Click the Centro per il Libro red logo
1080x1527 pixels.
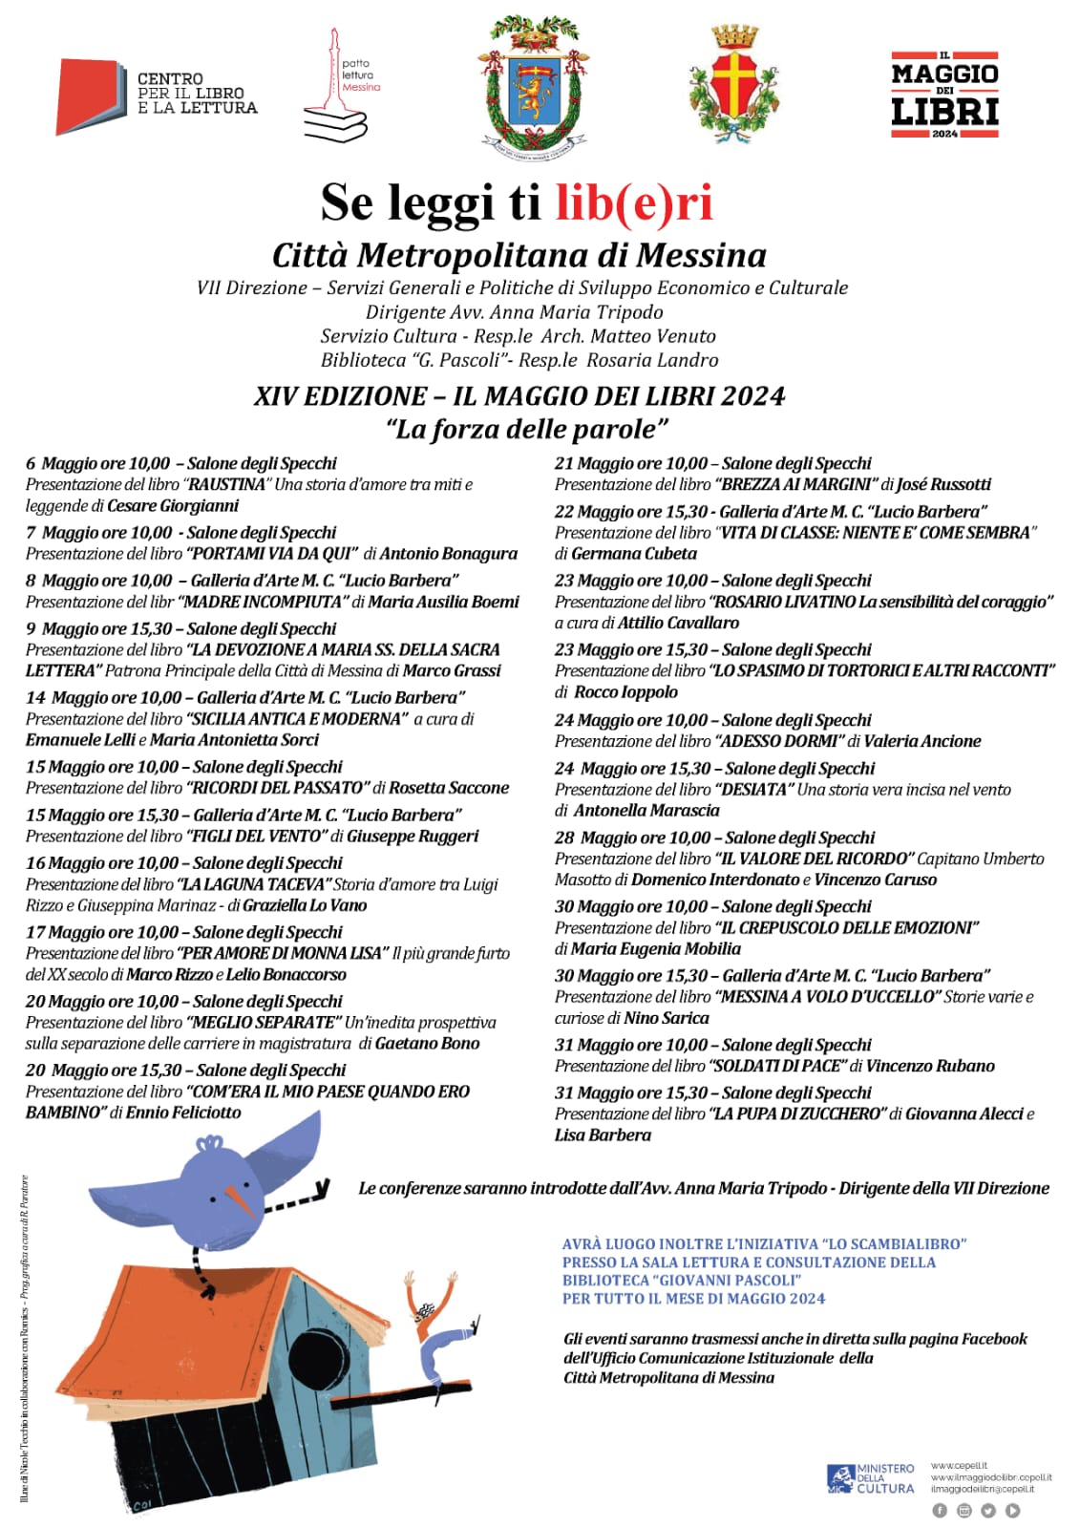point(91,95)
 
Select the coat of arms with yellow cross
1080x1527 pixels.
point(732,84)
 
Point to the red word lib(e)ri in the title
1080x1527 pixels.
point(634,202)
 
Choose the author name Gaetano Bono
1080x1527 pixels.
point(427,1044)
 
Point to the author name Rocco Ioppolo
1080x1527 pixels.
point(625,692)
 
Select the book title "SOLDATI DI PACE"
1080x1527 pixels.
point(777,1067)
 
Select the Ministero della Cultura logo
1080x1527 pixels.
point(870,1478)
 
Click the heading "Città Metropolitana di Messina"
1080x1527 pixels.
point(519,256)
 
